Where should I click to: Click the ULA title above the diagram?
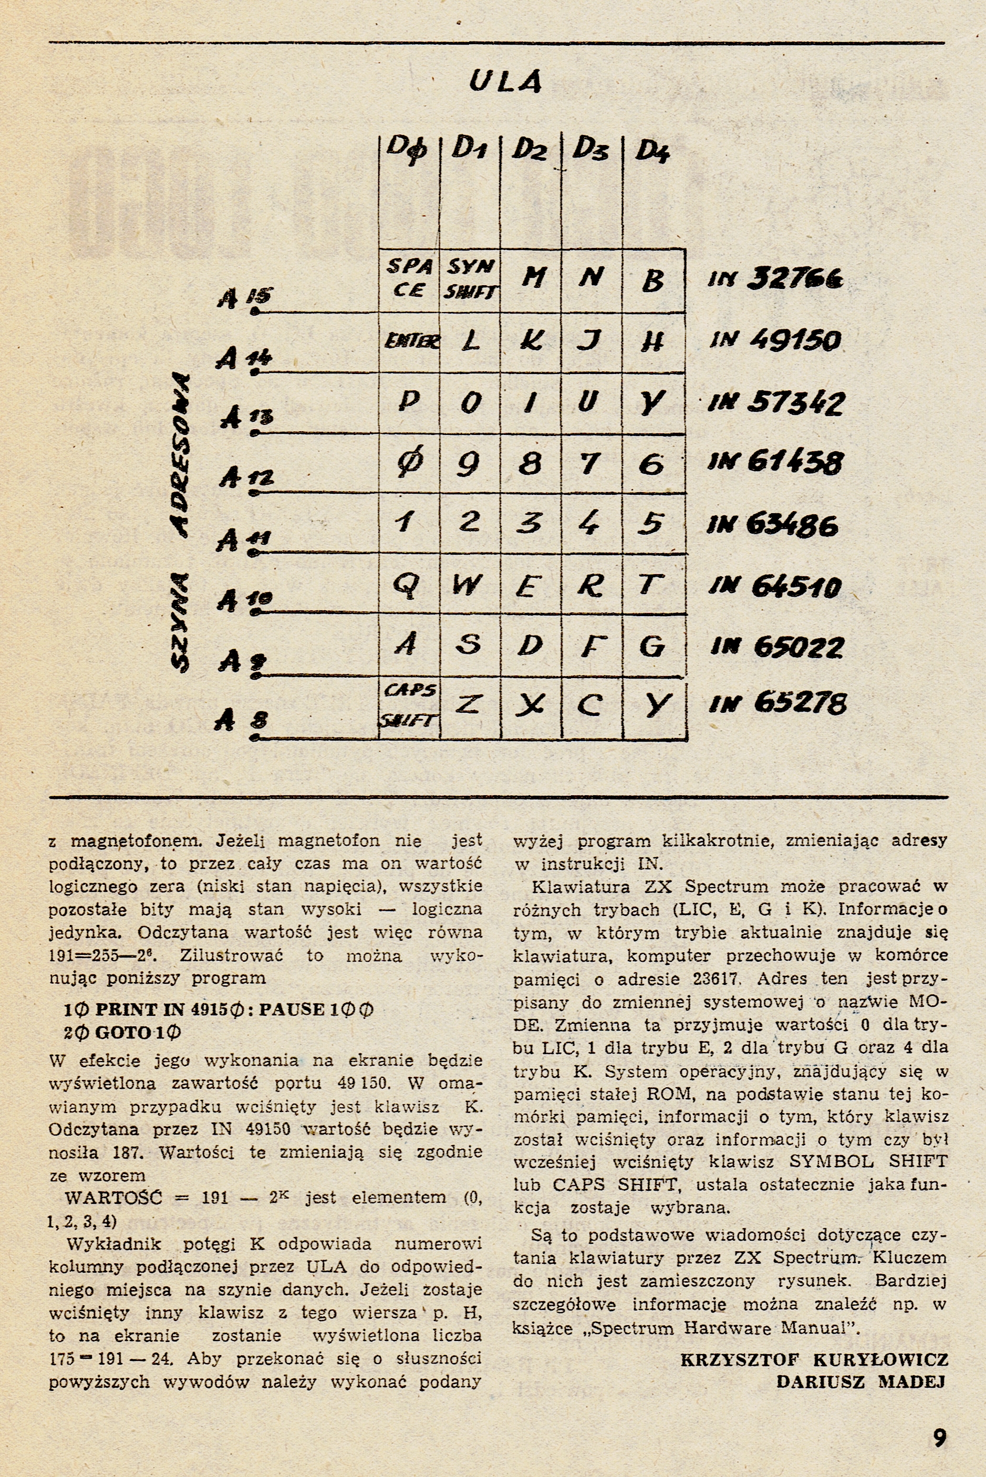click(505, 82)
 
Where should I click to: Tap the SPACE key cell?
click(409, 278)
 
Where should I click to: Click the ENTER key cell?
click(411, 342)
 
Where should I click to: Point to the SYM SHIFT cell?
click(470, 278)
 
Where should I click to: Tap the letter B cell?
click(653, 280)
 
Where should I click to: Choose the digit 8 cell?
click(530, 464)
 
